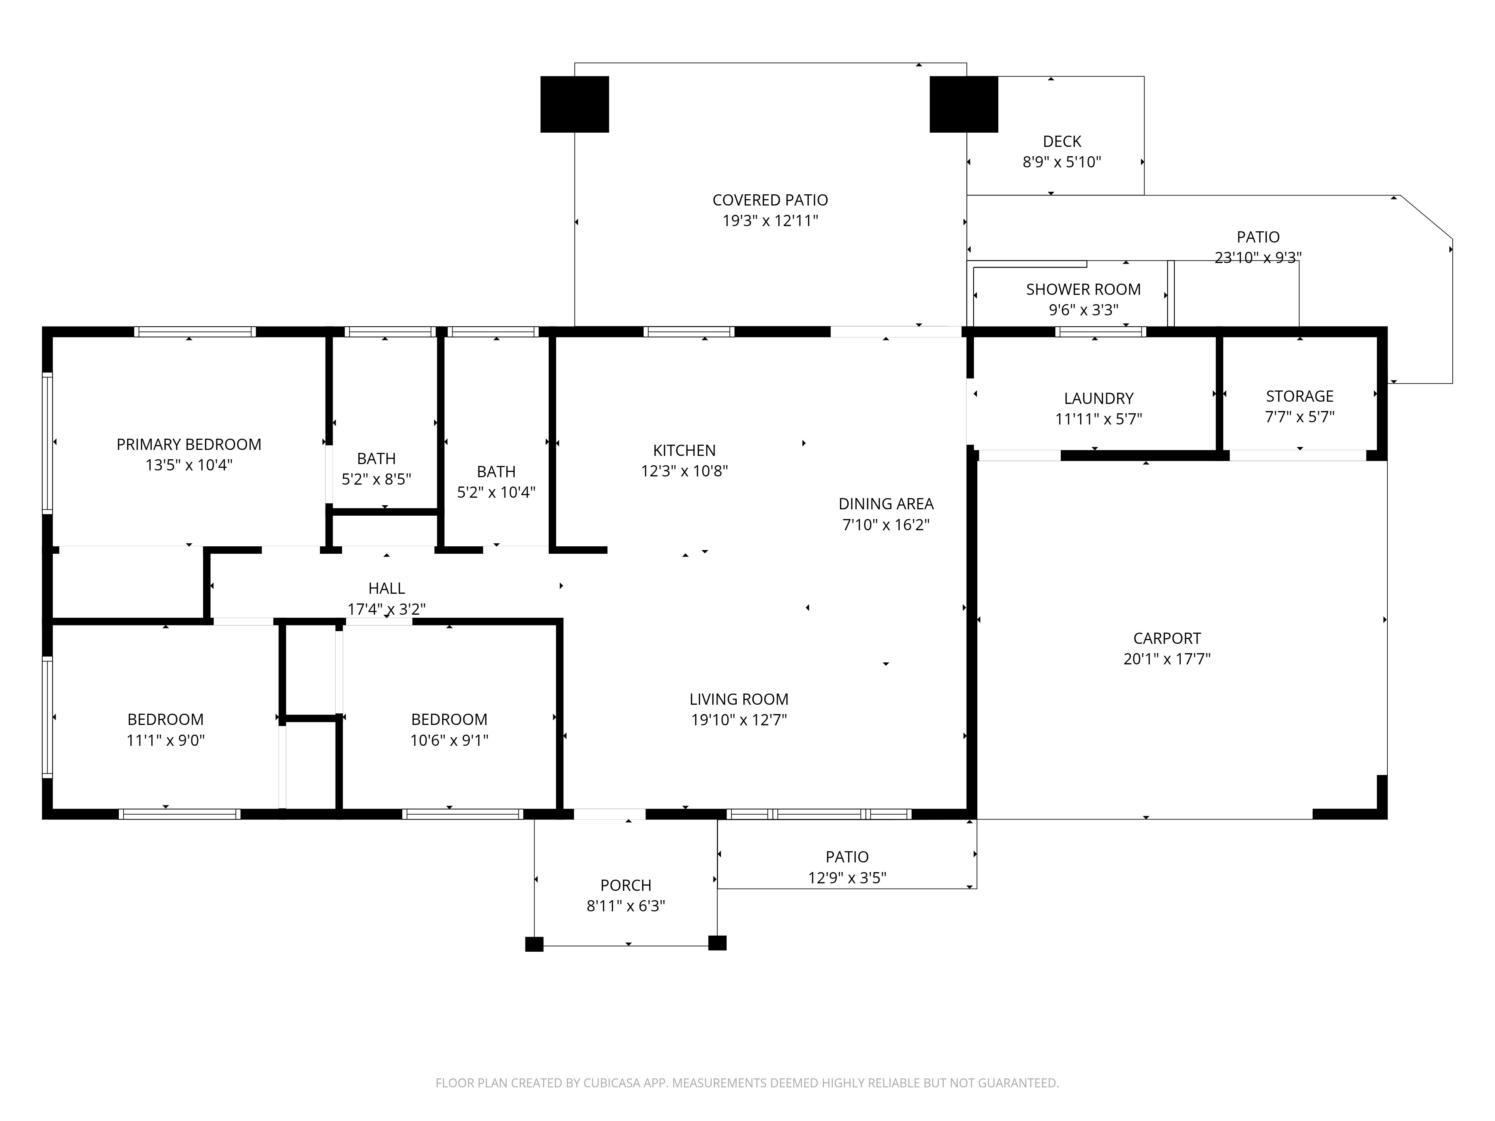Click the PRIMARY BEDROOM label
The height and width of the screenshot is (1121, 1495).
(x=189, y=445)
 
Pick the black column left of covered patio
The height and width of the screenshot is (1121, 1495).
(x=574, y=104)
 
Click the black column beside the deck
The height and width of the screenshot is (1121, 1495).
(x=964, y=104)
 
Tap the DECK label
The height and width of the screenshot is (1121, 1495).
(x=1062, y=142)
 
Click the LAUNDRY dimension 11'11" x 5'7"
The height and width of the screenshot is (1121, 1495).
(x=1098, y=419)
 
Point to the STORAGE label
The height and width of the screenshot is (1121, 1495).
(x=1299, y=396)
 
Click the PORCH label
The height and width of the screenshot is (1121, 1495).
(x=626, y=885)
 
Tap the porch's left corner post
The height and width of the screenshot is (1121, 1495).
(x=534, y=944)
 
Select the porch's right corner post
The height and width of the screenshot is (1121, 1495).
(x=717, y=943)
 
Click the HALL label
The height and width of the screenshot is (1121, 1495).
(x=386, y=589)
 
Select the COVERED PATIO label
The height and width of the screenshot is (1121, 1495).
(x=770, y=200)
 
